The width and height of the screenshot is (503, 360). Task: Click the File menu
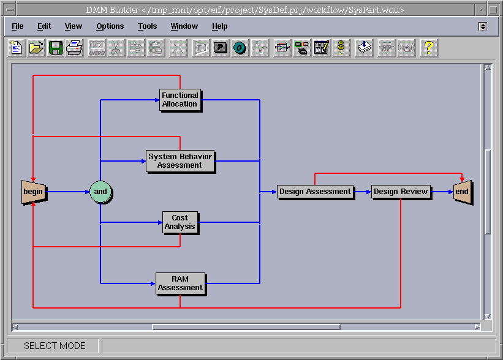18,26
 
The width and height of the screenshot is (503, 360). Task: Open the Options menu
110,26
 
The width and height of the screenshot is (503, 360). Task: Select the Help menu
219,26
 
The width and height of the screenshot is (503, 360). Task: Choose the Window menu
184,26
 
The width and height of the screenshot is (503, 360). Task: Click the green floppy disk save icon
56,47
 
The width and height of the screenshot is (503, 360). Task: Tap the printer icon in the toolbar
74,47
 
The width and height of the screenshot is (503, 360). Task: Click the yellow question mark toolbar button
428,47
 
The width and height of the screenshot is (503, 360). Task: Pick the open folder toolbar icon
37,47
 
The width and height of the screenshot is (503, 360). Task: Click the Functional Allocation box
180,100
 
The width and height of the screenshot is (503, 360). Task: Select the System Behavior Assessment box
180,161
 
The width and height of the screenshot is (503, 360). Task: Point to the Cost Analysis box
180,222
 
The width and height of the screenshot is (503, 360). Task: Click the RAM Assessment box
180,283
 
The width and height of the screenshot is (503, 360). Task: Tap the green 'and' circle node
100,192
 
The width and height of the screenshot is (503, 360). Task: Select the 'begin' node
33,192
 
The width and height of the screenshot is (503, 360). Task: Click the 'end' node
461,192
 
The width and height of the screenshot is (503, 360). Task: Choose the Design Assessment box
315,192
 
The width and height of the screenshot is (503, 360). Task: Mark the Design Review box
401,192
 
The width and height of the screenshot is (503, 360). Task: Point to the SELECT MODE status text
55,346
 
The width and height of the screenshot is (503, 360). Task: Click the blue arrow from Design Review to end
442,192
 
